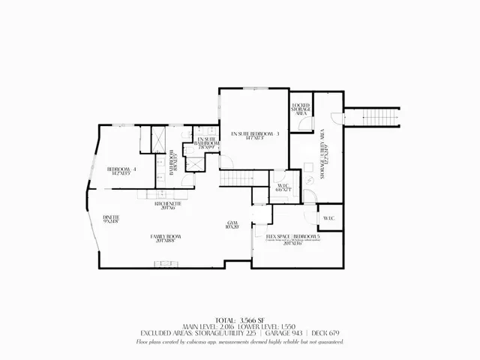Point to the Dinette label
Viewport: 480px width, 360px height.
point(111,219)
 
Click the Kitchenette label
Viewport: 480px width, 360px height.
point(165,205)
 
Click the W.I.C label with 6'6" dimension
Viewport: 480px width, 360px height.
point(283,188)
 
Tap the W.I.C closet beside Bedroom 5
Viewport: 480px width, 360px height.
point(328,218)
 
